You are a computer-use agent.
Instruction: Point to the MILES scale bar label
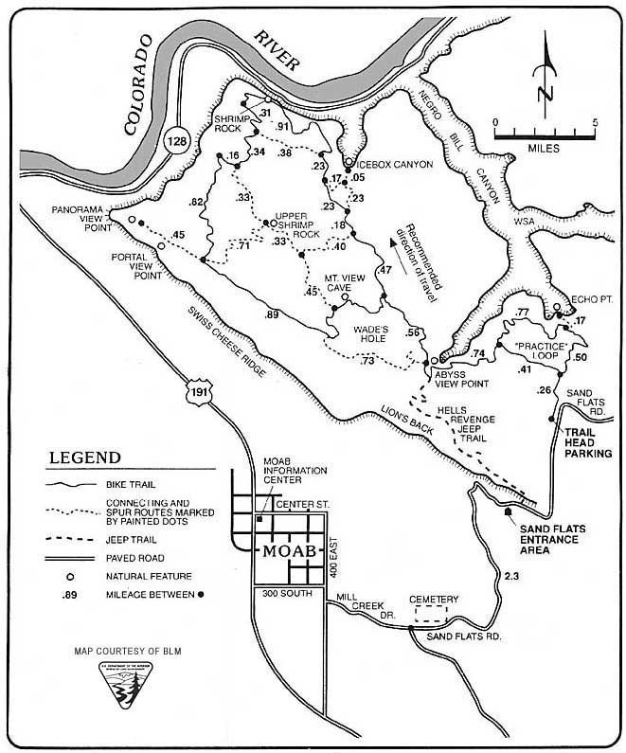(545, 148)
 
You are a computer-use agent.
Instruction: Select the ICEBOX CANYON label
(392, 164)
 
